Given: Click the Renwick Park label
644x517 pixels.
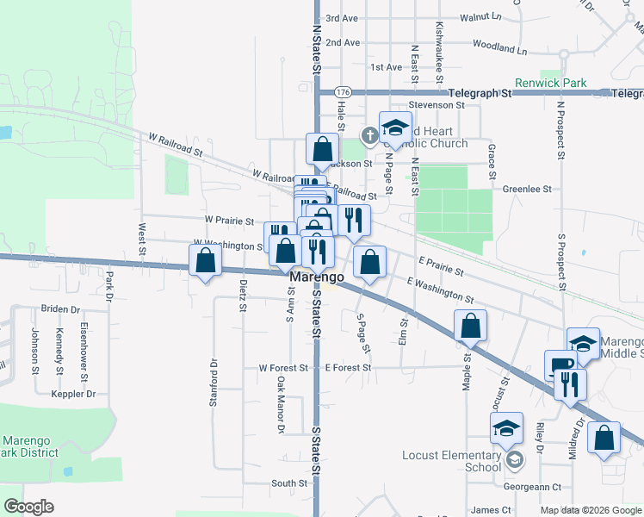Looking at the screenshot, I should click(x=550, y=84).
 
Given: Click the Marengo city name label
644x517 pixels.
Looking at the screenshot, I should click(x=317, y=277).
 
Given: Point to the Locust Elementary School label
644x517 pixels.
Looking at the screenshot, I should click(x=451, y=461).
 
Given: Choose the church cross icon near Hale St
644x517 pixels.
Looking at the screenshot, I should click(x=368, y=134).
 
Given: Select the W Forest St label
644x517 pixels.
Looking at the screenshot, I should click(x=283, y=368).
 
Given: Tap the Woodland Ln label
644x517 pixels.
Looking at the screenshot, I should click(x=498, y=50).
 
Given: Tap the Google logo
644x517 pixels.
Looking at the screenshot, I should click(x=28, y=507).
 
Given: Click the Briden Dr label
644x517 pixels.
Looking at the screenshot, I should click(x=60, y=308).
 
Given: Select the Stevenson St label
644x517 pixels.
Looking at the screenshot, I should click(x=437, y=105).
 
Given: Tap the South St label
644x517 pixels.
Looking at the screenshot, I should click(x=283, y=483).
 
